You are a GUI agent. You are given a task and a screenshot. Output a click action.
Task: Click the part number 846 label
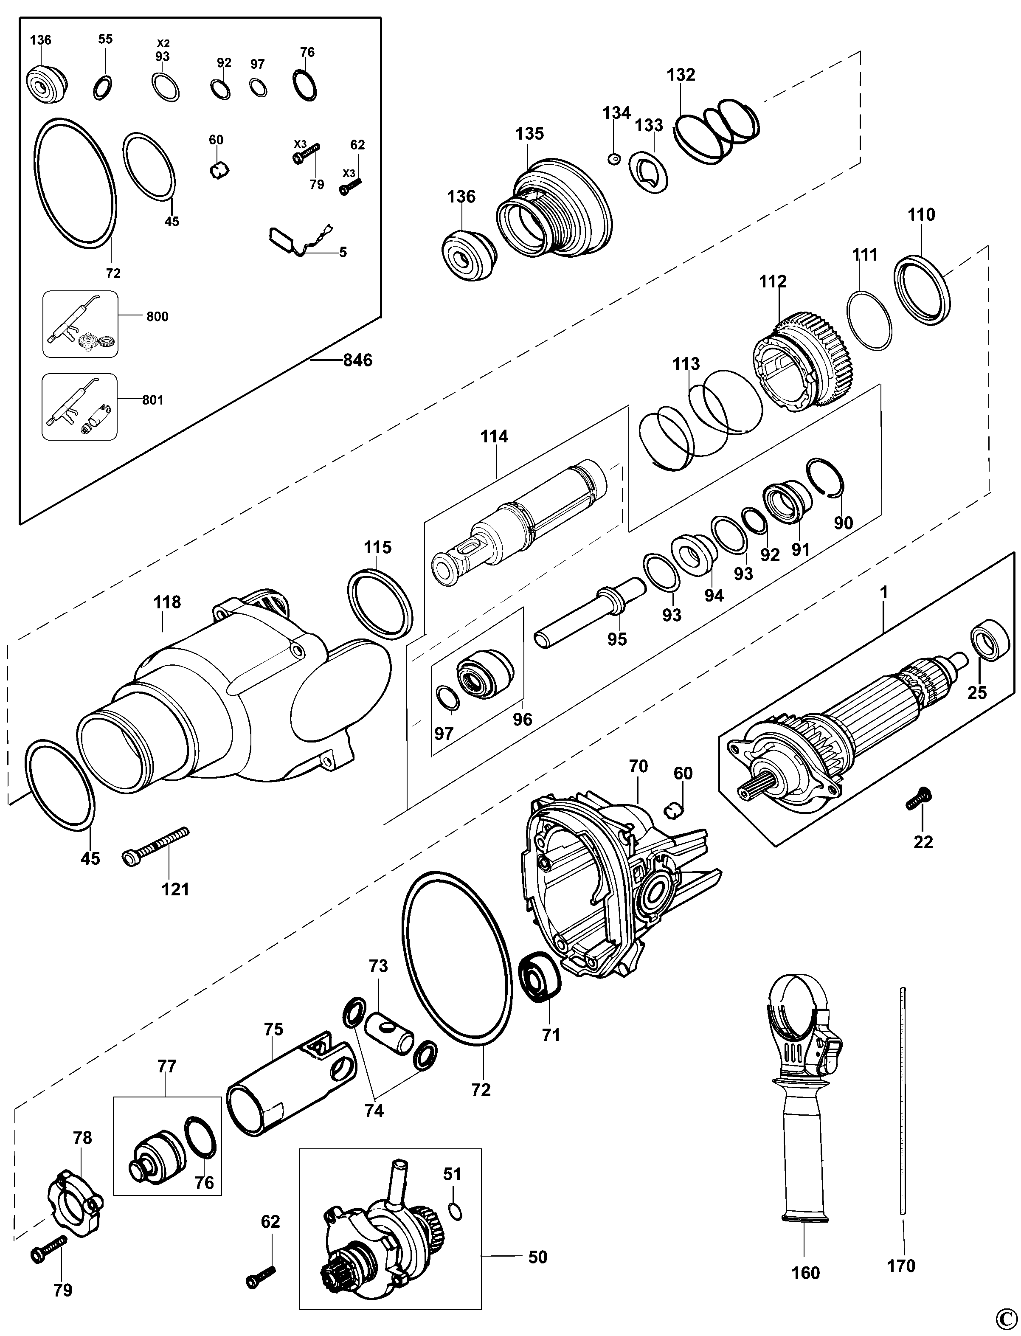357,360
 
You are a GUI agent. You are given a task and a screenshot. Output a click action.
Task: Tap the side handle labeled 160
802,1094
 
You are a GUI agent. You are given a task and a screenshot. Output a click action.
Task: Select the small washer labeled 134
614,159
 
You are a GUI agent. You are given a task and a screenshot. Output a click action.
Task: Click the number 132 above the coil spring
681,75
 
